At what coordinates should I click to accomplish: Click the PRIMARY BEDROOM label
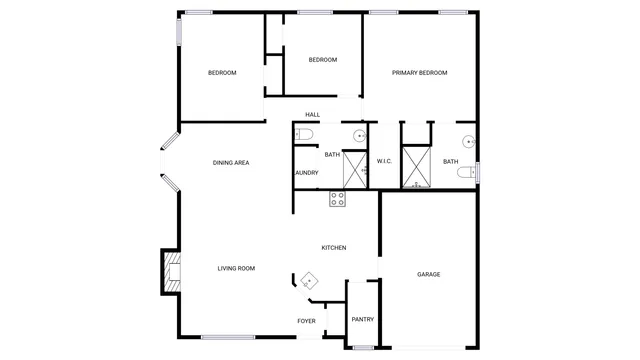pos(419,73)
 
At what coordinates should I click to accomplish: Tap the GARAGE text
pos(429,274)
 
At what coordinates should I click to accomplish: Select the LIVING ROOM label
pos(237,268)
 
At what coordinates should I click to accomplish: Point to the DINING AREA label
pos(231,162)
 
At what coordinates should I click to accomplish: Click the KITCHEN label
pos(333,248)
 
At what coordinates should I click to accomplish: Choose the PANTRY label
pos(363,320)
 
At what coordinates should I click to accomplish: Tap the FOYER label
pos(306,321)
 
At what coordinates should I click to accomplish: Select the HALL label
pos(313,115)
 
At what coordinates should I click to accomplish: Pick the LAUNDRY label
pos(306,173)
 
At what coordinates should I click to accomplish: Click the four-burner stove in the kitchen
pos(338,199)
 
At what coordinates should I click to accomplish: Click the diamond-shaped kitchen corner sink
pos(309,281)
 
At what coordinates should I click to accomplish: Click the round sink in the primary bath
pos(468,141)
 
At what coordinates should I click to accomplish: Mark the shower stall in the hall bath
pos(356,168)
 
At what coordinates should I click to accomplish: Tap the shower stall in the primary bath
pos(415,168)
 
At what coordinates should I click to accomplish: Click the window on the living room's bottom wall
pos(227,337)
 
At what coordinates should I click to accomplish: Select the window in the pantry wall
pos(362,347)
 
